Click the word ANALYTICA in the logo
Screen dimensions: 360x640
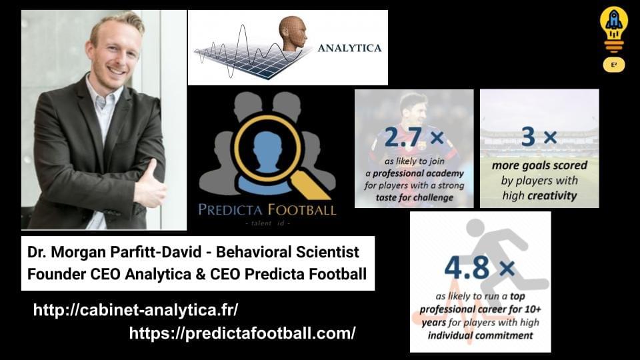pyautogui.click(x=349, y=48)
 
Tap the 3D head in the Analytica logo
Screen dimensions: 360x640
pyautogui.click(x=293, y=33)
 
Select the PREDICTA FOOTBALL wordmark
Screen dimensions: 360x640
pyautogui.click(x=267, y=210)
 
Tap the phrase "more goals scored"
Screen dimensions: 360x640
pyautogui.click(x=539, y=165)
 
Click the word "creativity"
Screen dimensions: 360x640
pyautogui.click(x=551, y=196)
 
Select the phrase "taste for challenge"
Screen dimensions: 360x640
pyautogui.click(x=413, y=197)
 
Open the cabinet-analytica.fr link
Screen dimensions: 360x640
pyautogui.click(x=135, y=310)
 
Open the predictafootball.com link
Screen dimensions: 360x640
pyautogui.click(x=242, y=333)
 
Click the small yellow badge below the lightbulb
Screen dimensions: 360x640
pyautogui.click(x=614, y=65)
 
